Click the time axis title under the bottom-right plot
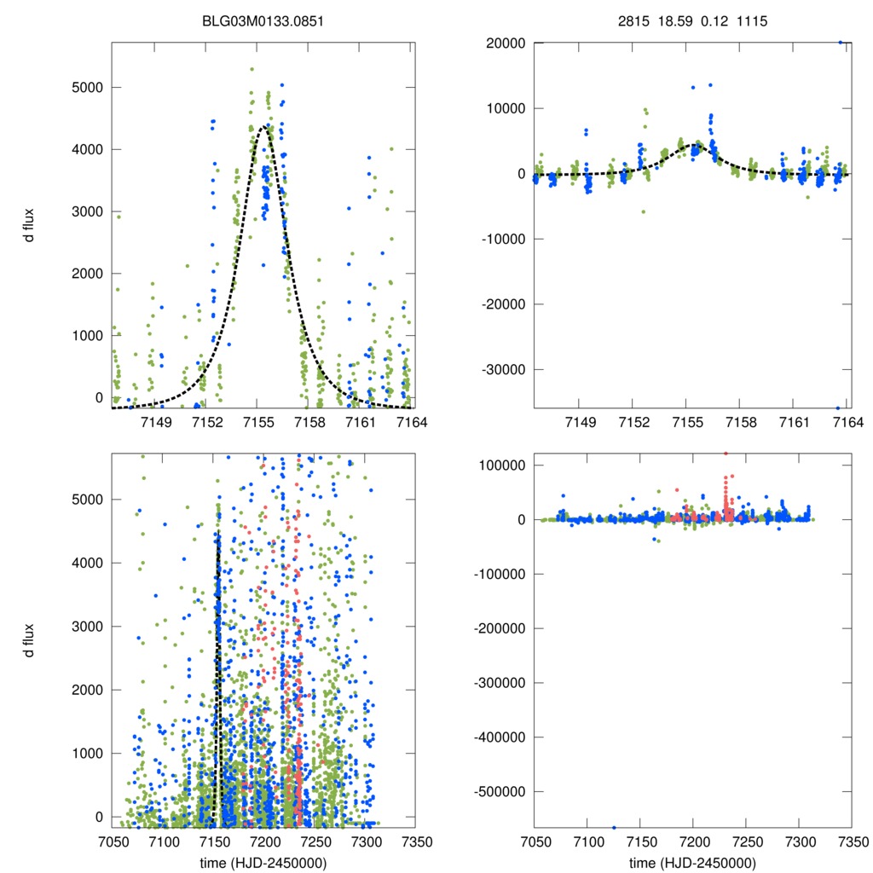692,862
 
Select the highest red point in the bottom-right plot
726,454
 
